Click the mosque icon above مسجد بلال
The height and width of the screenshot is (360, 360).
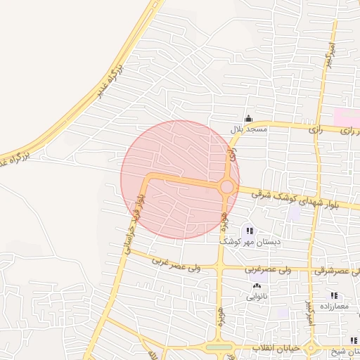click(x=247, y=119)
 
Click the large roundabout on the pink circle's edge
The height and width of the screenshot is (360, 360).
click(x=226, y=187)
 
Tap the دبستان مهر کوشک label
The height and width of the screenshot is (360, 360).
click(x=250, y=241)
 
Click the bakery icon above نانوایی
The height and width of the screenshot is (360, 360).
click(x=255, y=286)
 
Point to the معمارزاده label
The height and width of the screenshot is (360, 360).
click(x=333, y=306)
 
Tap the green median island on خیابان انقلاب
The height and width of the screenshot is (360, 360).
click(x=219, y=347)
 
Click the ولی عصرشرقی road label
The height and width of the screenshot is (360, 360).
click(x=336, y=271)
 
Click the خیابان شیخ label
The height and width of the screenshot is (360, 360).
click(x=346, y=352)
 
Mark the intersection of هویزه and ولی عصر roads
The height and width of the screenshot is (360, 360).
click(x=220, y=269)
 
